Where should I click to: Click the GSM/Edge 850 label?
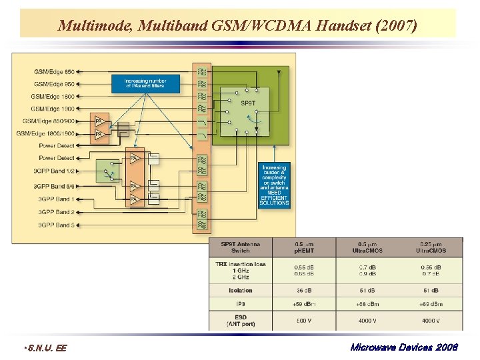point(55,71)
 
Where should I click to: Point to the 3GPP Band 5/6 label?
point(56,186)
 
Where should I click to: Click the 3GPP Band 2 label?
point(56,212)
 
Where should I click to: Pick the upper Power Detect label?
point(57,145)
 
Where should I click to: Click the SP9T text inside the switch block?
point(248,103)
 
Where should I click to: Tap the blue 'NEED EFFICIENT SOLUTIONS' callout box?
point(274,185)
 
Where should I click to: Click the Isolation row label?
point(241,290)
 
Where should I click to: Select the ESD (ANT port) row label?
point(241,320)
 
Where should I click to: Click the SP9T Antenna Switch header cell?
point(241,247)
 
